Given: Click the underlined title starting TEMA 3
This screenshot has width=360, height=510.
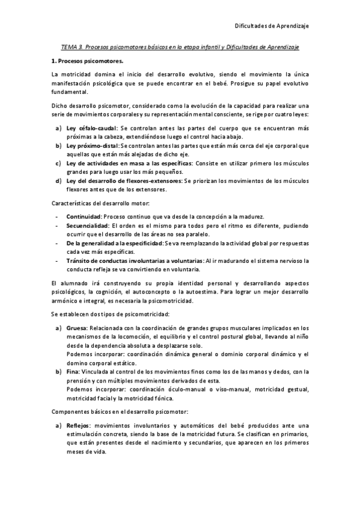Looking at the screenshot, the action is (180, 46).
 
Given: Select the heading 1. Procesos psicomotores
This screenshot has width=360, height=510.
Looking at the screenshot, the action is (88, 61).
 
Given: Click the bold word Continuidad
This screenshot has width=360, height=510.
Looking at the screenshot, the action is (84, 217).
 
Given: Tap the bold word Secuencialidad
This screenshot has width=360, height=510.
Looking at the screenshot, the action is (88, 226).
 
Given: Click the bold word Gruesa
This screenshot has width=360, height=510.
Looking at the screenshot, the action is (77, 328).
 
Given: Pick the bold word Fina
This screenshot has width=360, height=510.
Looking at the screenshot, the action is (73, 371).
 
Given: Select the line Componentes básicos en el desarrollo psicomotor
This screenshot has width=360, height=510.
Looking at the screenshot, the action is (120, 412).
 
